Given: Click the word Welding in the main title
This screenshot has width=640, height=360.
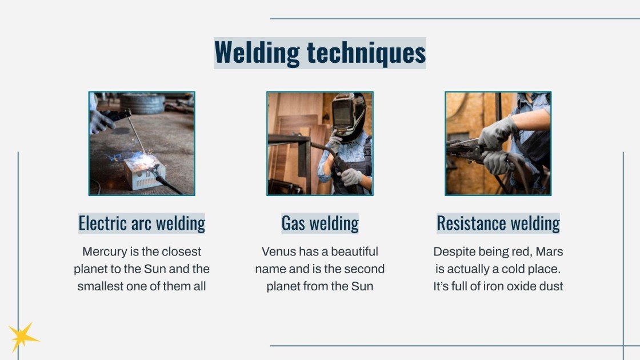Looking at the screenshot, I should coord(257,53).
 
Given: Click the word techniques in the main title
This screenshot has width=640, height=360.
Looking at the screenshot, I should coord(366,53).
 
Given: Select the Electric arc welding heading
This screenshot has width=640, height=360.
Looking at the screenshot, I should coord(142,223).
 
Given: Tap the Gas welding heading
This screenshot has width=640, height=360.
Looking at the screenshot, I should coord(320,223).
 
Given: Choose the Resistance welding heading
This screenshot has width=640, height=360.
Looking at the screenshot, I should coord(498,223).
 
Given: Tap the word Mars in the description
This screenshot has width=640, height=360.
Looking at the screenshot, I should coord(549,251).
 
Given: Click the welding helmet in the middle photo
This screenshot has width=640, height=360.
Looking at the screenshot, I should coord(349,114).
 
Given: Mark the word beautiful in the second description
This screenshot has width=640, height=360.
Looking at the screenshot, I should coord(352,251).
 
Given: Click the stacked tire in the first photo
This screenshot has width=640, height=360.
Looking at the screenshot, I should coord(142,103).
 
